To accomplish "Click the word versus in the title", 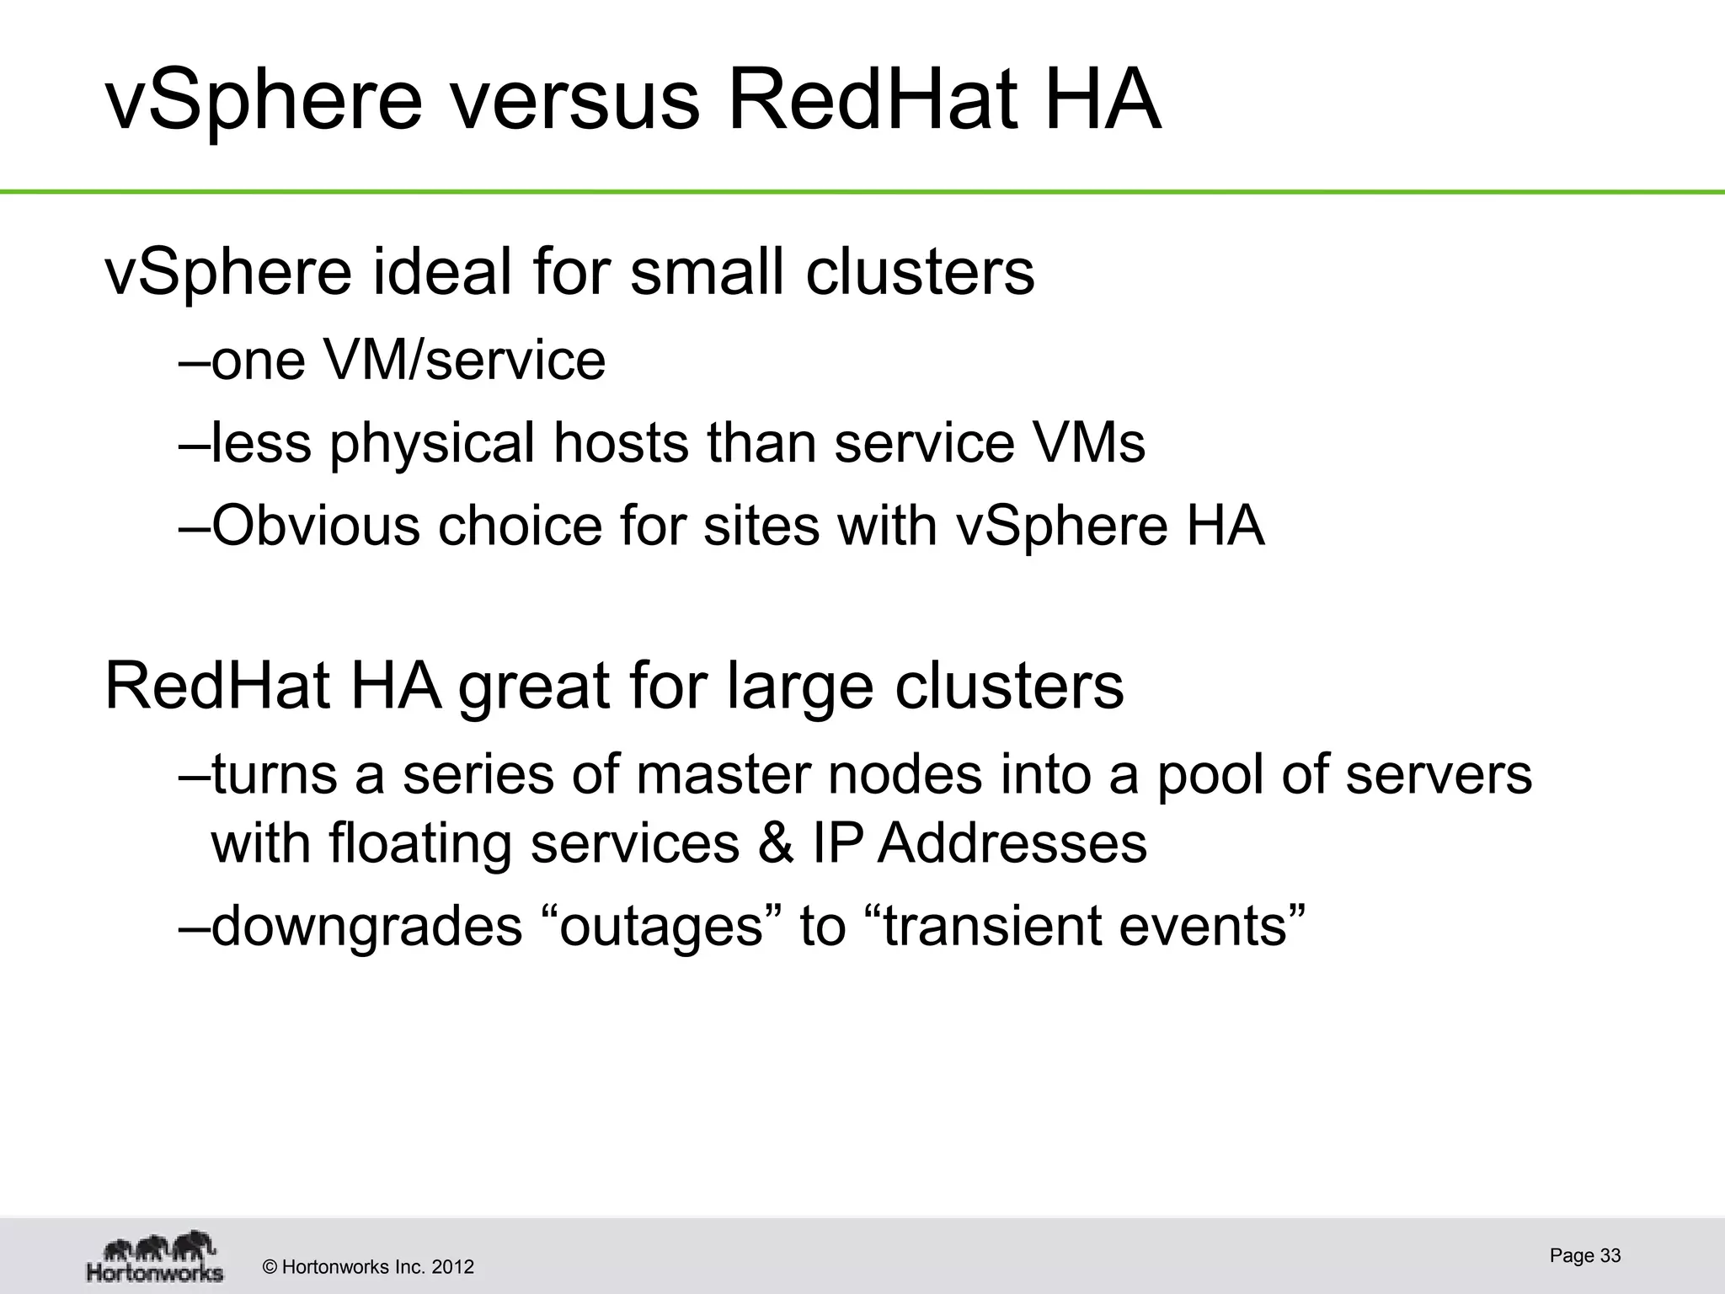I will point(574,103).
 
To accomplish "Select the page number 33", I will point(1610,1255).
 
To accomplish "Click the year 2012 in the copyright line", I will point(454,1266).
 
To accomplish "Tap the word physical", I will point(432,443).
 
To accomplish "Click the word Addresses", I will point(1012,842).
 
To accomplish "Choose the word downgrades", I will point(367,926).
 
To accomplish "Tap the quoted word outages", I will point(661,926).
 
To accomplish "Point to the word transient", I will point(991,926).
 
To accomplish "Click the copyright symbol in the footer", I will point(270,1267).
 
